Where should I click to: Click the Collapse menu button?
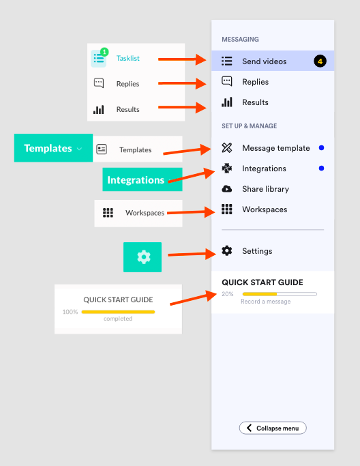(273, 428)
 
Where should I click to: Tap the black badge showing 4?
(320, 61)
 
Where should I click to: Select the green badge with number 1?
(104, 52)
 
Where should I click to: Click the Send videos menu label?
(265, 61)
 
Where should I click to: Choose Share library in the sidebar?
(265, 189)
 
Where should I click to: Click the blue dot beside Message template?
(321, 147)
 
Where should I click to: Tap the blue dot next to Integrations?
(321, 169)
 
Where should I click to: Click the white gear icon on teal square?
(144, 257)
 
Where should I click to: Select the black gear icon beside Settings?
(227, 250)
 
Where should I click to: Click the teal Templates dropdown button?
(53, 147)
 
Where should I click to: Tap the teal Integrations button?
(142, 179)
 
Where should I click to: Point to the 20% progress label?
(228, 294)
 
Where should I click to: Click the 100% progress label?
(70, 312)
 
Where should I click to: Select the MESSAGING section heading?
(240, 39)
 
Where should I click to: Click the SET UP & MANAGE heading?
(250, 126)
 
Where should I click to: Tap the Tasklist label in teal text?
(127, 58)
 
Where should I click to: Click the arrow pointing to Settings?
(192, 254)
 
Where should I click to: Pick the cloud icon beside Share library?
(227, 189)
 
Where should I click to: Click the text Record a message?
(265, 302)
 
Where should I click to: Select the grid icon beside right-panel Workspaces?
(227, 209)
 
